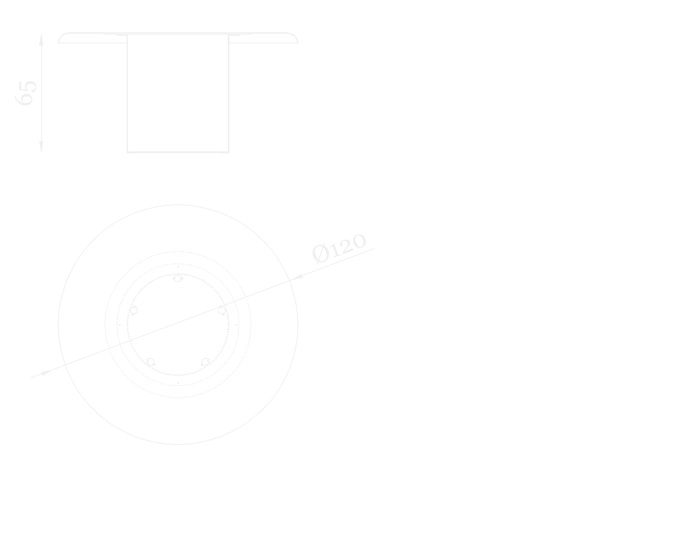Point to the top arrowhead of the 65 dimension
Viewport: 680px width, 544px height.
41,40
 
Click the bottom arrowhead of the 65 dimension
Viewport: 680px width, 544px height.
41,147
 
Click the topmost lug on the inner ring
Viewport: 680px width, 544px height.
178,279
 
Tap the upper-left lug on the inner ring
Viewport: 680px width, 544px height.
133,310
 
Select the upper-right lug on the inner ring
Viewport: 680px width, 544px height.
222,310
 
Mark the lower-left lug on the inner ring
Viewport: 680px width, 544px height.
150,362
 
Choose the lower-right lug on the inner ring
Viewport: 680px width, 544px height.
205,362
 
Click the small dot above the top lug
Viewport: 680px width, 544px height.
178,266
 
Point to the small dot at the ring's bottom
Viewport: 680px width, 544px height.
178,383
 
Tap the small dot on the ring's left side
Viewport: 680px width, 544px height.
119,325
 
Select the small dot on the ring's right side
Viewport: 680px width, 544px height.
236,325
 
